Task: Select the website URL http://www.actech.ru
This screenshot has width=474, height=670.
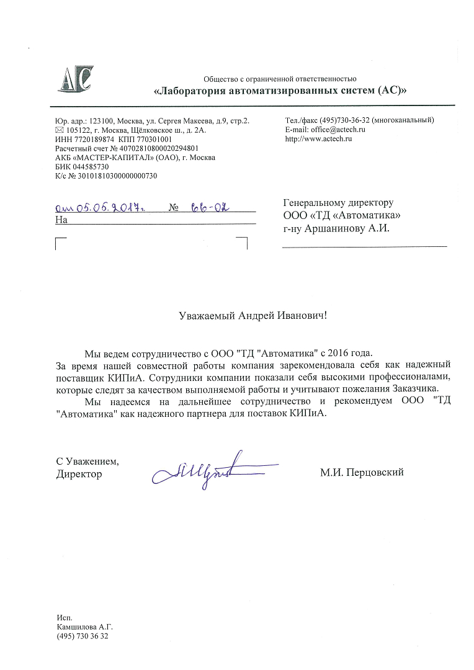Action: pos(318,139)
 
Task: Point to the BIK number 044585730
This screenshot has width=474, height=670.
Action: pos(91,167)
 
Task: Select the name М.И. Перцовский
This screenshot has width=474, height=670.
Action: pos(362,473)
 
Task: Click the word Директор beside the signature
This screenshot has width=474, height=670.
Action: pos(79,474)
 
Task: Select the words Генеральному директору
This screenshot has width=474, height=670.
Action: pos(338,202)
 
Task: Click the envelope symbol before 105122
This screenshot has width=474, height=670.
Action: pos(60,130)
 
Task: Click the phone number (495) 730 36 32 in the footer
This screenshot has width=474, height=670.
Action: pos(82,636)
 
